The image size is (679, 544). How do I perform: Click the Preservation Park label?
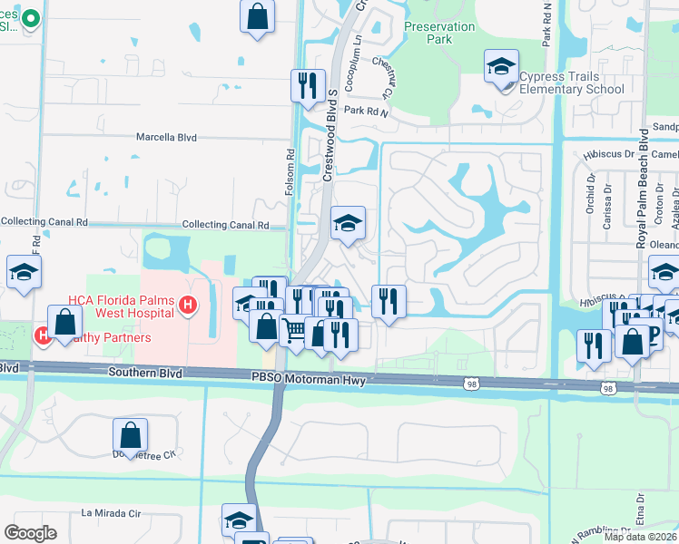tap(439, 34)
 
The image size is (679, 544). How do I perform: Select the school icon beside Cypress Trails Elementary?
tap(500, 67)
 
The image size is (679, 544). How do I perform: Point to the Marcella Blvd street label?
tap(166, 138)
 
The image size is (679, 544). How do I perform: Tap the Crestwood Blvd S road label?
tap(331, 135)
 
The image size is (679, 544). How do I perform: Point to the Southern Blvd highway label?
tap(144, 373)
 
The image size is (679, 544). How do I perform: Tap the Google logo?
tap(30, 533)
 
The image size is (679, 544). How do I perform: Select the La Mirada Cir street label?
tap(113, 512)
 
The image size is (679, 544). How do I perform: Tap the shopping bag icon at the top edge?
tap(258, 16)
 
